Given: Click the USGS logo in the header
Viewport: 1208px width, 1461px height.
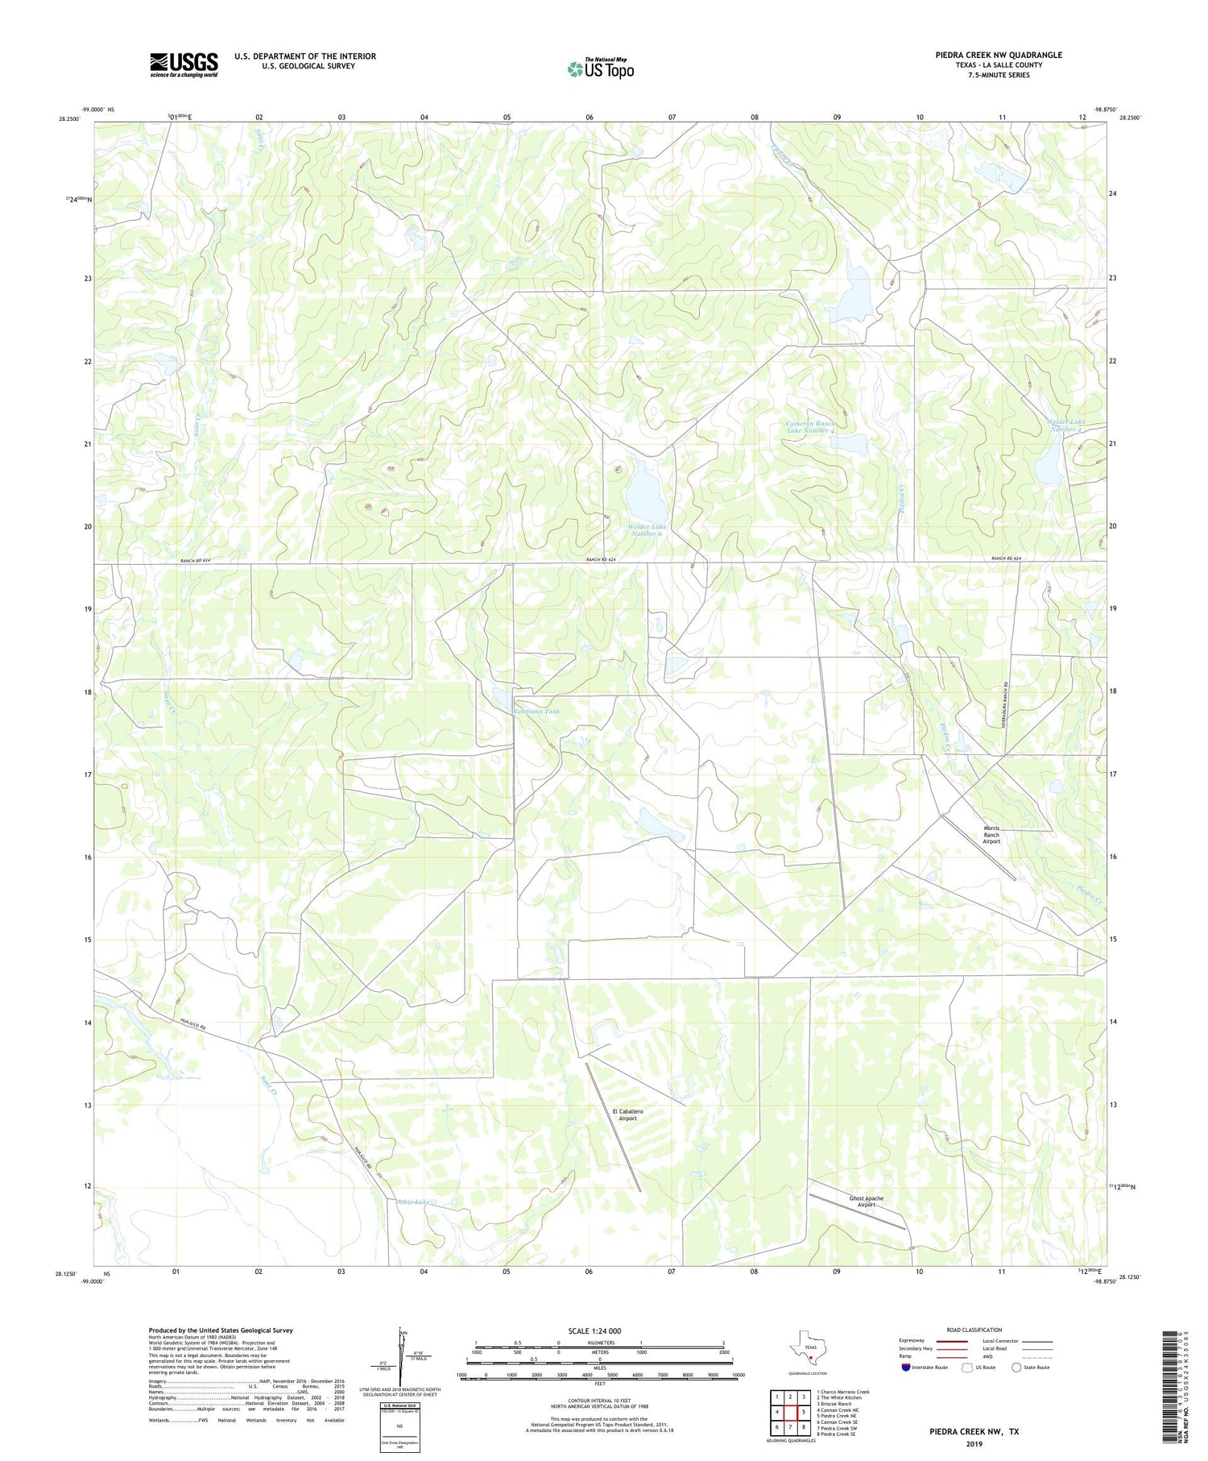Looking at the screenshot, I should pos(184,64).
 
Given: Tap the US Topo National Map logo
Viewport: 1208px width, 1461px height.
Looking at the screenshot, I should pos(600,68).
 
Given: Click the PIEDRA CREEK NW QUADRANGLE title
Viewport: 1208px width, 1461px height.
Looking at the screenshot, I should pos(998,55).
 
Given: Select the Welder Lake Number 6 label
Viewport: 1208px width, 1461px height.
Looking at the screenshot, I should pos(646,530).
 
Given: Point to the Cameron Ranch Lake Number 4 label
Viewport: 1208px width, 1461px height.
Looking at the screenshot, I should pos(810,427).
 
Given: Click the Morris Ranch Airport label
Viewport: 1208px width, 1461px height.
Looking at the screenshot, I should pos(991,834).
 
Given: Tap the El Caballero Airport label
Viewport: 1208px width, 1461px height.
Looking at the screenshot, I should pos(627,1114).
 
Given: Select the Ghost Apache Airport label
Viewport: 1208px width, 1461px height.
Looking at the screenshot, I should pos(866,1202).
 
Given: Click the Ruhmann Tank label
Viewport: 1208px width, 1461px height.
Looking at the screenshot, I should pos(536,712).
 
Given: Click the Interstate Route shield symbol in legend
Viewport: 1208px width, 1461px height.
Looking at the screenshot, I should pos(906,1367).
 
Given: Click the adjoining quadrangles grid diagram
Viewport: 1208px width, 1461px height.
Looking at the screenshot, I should pos(789,1411).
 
